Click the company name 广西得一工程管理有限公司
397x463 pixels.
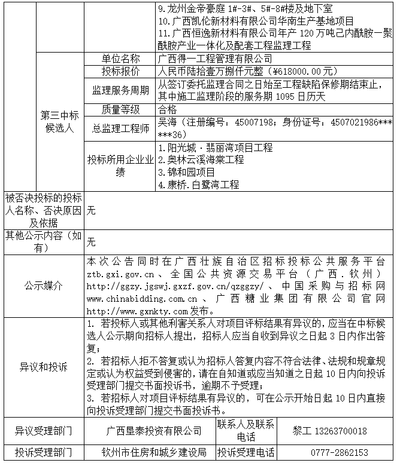214,59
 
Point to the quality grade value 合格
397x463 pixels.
167,109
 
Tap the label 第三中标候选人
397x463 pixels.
59,122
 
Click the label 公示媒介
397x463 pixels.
43,286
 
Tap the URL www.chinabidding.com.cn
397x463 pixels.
142,298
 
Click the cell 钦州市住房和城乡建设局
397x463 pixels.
154,453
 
